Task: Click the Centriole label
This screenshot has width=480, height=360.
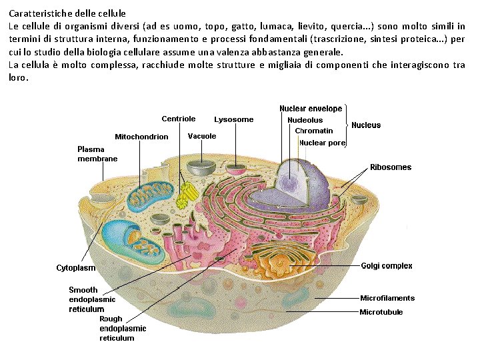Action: (178, 119)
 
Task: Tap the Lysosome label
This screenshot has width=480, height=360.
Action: (233, 119)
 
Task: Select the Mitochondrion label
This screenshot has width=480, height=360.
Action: (141, 137)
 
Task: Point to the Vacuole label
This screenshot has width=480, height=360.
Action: (202, 136)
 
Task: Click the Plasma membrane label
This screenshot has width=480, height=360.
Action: (97, 154)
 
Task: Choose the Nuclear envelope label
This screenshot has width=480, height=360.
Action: (311, 109)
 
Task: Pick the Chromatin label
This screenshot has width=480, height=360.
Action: (313, 131)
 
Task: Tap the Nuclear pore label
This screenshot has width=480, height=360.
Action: (322, 143)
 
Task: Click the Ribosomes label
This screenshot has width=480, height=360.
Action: (391, 167)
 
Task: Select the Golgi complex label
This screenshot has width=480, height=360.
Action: (387, 266)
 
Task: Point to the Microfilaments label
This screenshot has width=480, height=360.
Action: (387, 298)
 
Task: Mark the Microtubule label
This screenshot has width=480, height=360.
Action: (381, 311)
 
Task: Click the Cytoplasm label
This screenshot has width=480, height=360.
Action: (75, 268)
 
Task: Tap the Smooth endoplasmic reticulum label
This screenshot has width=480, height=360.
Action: (92, 299)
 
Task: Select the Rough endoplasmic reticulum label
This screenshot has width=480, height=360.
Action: (123, 328)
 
